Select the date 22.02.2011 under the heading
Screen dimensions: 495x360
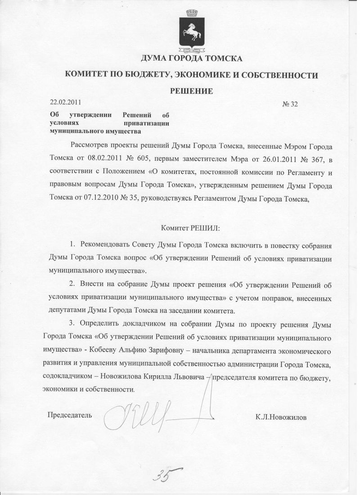[65, 102]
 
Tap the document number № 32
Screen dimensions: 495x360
[290, 104]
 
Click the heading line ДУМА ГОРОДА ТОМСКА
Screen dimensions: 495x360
[192, 58]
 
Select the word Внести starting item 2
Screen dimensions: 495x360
[91, 285]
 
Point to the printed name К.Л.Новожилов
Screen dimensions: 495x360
[281, 417]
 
